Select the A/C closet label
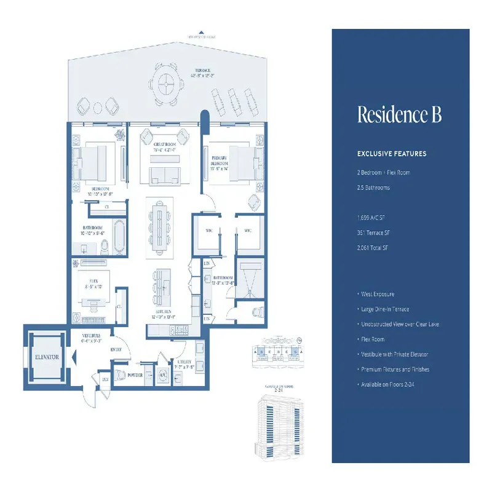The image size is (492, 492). (164, 374)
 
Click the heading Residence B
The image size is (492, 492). (400, 115)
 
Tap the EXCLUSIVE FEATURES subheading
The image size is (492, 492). (392, 153)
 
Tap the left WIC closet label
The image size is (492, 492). (207, 231)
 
